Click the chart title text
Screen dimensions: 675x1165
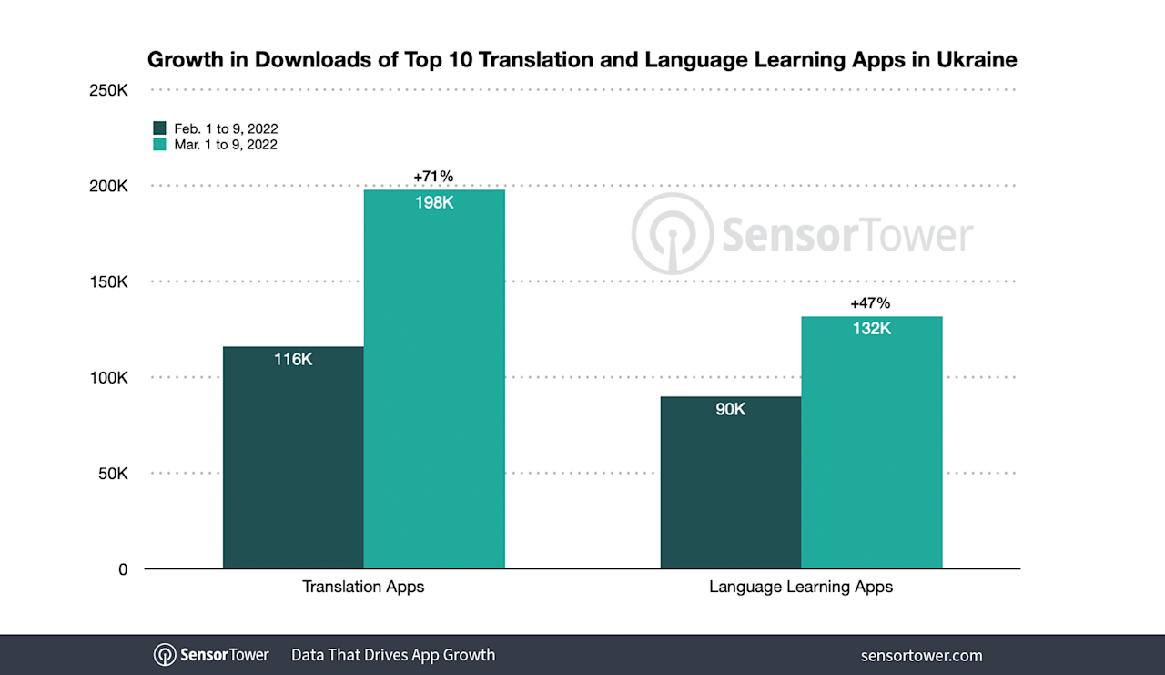point(582,60)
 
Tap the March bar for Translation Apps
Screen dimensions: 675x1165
point(434,383)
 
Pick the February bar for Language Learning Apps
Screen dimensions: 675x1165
point(730,483)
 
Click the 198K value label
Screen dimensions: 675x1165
point(434,202)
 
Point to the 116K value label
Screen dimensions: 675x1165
point(293,360)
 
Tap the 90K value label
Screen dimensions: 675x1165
point(730,410)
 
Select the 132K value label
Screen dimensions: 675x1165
point(871,329)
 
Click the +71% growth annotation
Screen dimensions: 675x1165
point(433,176)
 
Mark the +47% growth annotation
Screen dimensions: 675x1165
point(870,303)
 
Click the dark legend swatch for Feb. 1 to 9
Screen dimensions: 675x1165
point(160,128)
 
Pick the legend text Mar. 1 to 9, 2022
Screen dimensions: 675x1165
point(226,144)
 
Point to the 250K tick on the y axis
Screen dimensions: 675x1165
point(108,90)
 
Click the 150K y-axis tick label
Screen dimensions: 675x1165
point(108,282)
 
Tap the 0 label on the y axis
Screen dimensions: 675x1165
point(123,569)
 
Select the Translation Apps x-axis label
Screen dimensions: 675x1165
point(363,587)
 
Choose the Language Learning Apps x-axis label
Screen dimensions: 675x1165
point(801,587)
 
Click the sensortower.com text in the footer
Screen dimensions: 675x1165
point(921,655)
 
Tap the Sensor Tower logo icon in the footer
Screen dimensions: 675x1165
point(165,655)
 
